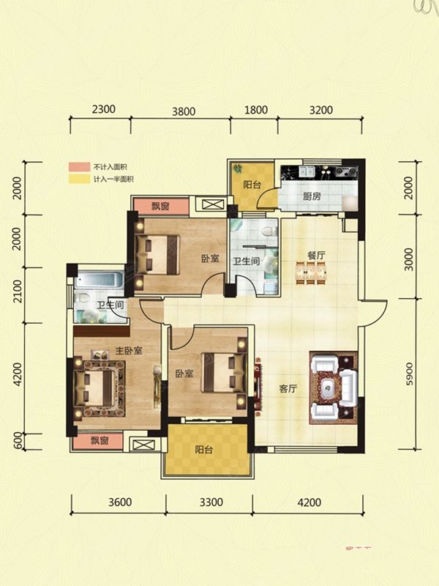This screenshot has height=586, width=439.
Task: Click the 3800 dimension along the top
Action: tap(184, 111)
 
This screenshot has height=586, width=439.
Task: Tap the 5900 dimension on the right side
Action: tap(410, 374)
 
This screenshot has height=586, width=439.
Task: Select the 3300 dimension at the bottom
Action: tap(211, 502)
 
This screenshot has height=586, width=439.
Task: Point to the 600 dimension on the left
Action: tap(18, 442)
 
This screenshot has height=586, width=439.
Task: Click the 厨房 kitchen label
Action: tap(312, 196)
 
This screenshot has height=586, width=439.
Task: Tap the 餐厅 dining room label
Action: tap(316, 255)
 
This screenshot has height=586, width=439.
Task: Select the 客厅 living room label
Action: tap(288, 389)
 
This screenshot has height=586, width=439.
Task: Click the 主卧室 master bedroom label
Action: tap(129, 351)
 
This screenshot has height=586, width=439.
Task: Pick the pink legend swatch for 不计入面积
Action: tap(79, 167)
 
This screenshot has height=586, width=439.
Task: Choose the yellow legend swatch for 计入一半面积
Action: tap(79, 179)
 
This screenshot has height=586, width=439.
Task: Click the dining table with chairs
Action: tap(311, 273)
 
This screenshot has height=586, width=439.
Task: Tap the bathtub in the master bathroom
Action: tap(99, 280)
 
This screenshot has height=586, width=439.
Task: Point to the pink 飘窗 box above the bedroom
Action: tap(161, 206)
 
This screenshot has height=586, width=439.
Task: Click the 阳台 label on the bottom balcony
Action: tap(204, 450)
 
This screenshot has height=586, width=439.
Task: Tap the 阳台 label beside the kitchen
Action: tap(252, 185)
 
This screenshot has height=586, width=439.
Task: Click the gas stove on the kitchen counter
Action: tap(345, 171)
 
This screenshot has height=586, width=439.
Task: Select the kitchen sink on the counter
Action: tap(307, 171)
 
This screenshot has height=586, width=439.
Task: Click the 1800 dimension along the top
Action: tap(256, 110)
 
